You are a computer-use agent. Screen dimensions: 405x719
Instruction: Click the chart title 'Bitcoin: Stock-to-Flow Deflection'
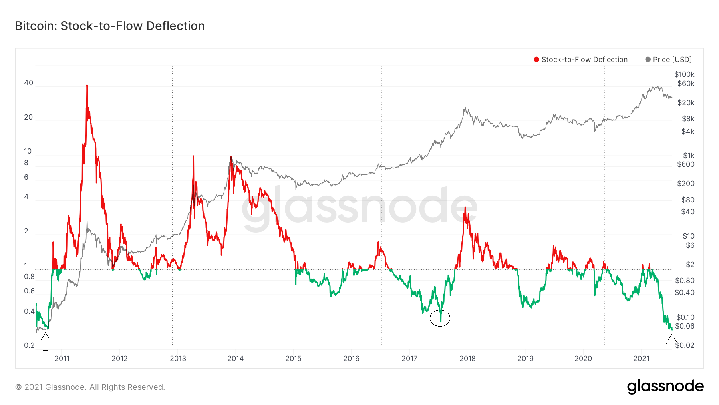click(x=110, y=26)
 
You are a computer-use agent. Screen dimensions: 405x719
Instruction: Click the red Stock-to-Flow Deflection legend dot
click(x=536, y=60)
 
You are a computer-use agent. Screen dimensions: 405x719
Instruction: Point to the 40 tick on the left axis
click(x=28, y=83)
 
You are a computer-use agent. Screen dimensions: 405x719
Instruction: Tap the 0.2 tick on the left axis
click(x=29, y=345)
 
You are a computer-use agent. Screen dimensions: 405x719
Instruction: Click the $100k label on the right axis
click(x=684, y=74)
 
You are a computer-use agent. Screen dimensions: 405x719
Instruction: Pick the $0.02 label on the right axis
click(x=685, y=345)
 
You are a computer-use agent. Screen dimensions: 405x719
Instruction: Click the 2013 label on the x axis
click(x=178, y=359)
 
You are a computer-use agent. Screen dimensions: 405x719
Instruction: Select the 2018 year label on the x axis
click(x=467, y=359)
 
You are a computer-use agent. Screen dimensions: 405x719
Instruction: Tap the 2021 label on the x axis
click(x=641, y=359)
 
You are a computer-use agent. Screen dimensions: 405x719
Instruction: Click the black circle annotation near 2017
click(x=440, y=318)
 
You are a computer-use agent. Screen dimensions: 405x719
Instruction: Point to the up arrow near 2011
click(x=46, y=342)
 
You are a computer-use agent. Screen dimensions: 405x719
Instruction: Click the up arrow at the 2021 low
click(x=671, y=344)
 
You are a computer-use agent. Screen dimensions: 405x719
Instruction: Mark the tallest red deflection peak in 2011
click(x=87, y=86)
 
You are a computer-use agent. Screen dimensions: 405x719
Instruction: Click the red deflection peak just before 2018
click(x=465, y=208)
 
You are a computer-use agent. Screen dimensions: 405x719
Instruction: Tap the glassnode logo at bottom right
click(x=665, y=387)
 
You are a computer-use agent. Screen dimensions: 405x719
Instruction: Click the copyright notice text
click(x=90, y=387)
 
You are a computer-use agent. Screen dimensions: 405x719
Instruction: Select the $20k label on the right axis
click(x=686, y=103)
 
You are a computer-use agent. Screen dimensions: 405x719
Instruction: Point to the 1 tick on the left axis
click(x=26, y=266)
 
